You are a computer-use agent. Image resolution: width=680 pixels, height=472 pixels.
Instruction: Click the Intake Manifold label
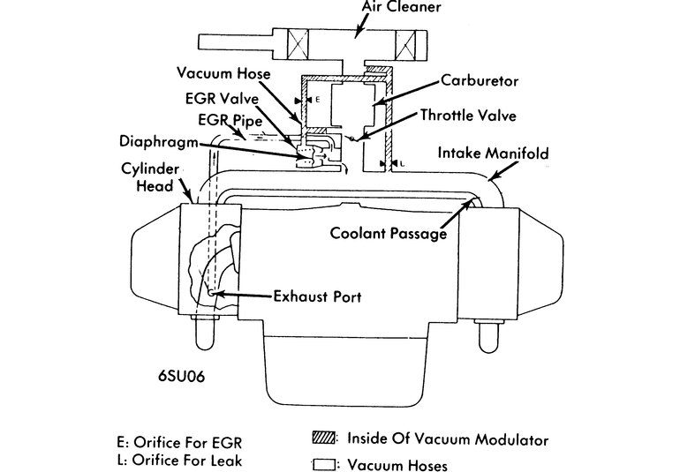click(494, 154)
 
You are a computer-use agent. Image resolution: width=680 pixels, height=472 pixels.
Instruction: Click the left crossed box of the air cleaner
click(290, 42)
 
